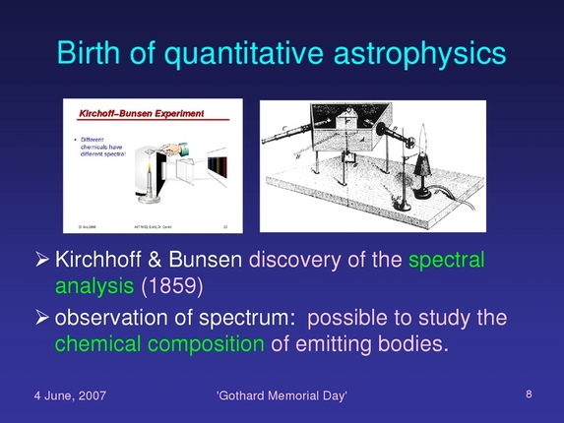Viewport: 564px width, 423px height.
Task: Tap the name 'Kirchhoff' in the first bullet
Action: click(98, 261)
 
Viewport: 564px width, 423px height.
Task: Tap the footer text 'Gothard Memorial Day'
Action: click(282, 395)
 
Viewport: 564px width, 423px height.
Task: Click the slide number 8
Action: click(529, 394)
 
